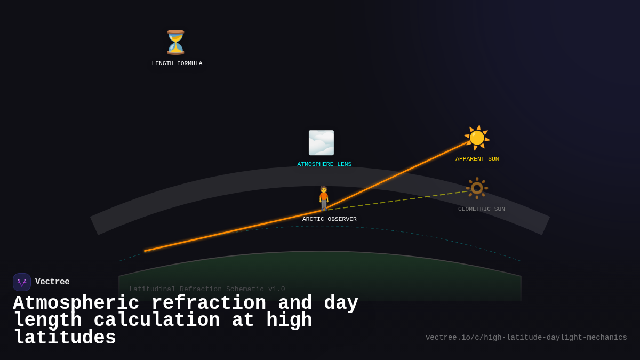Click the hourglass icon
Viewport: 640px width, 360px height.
(x=175, y=43)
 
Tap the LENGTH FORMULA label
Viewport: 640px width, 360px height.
(x=177, y=63)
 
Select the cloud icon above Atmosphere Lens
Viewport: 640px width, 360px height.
(x=321, y=143)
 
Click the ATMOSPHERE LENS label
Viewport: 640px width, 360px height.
(x=324, y=164)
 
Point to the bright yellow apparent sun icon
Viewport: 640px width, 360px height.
(x=477, y=138)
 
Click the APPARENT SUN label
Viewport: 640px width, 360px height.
(x=477, y=159)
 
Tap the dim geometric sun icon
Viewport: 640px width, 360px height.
(x=477, y=188)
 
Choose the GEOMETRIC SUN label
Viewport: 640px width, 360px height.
(x=481, y=209)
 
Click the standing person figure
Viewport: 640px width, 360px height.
(x=324, y=198)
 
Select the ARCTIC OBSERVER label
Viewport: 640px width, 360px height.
(x=330, y=219)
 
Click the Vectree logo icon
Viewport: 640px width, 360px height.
(x=22, y=282)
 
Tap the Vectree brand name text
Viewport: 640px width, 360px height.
(x=52, y=282)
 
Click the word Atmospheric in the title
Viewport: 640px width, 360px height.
(x=76, y=303)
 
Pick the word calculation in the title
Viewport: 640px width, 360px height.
(x=157, y=321)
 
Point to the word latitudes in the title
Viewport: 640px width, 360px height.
(x=65, y=338)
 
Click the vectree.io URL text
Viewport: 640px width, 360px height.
(x=526, y=338)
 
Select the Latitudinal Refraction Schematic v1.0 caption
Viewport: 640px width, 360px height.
(x=207, y=289)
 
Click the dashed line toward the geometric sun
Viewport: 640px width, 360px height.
(x=400, y=200)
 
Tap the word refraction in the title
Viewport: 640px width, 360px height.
(x=209, y=303)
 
